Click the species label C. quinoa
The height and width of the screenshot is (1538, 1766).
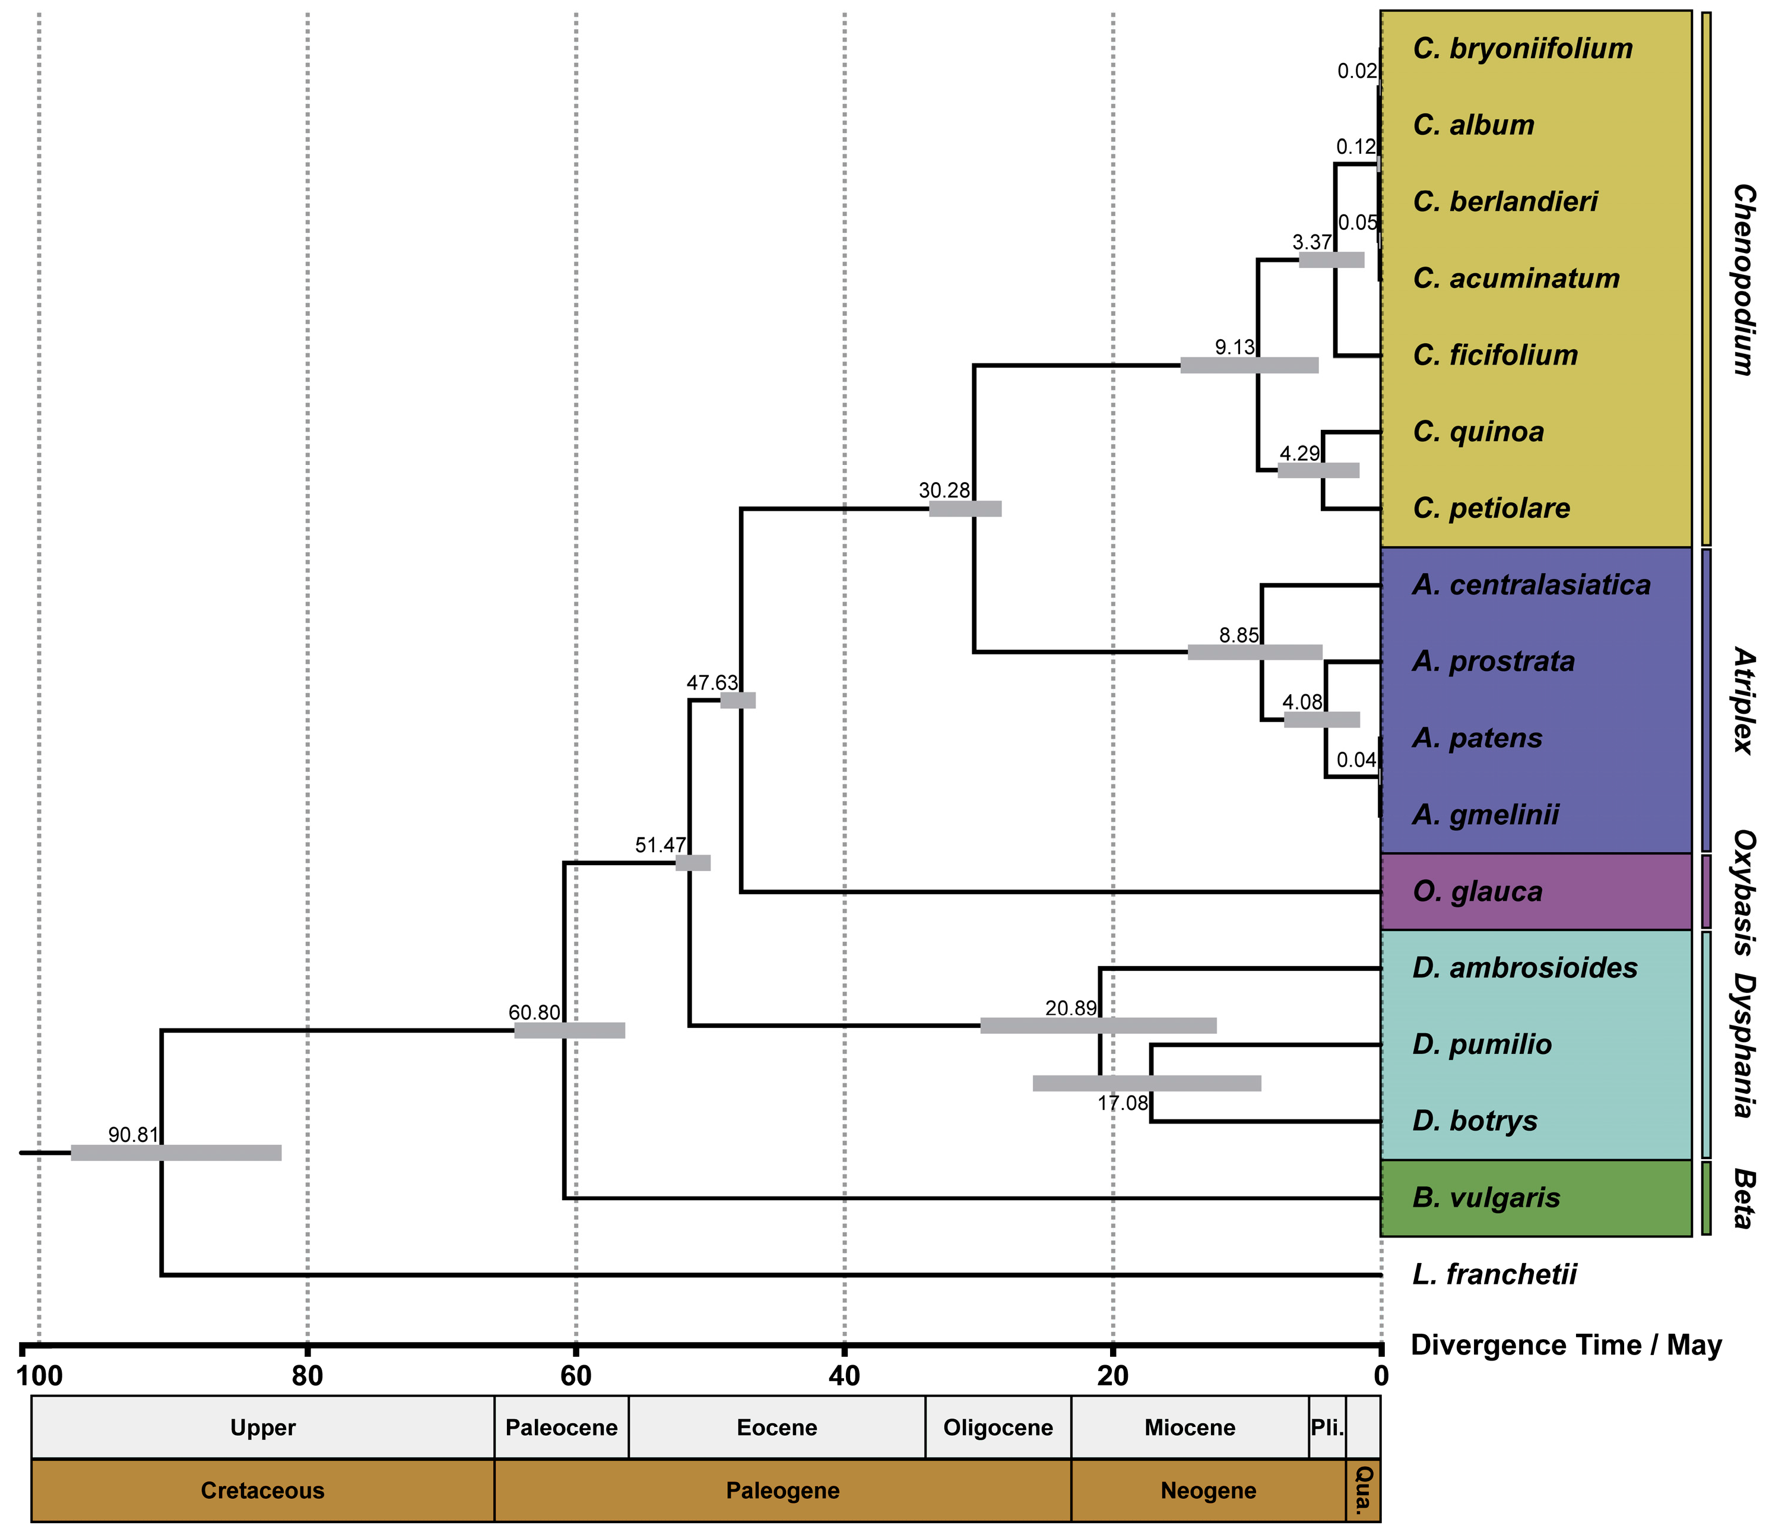(x=1478, y=432)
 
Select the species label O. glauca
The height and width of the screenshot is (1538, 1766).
(x=1477, y=892)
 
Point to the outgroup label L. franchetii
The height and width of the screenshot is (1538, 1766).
(x=1494, y=1274)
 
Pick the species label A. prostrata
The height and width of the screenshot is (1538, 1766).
(x=1493, y=662)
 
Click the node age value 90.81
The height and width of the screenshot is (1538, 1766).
(x=133, y=1135)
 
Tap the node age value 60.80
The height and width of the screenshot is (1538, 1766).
(x=534, y=1012)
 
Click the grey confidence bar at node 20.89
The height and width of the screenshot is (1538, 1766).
(x=1098, y=1026)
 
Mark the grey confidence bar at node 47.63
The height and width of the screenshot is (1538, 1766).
(x=737, y=700)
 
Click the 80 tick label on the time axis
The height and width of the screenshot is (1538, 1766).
(x=307, y=1376)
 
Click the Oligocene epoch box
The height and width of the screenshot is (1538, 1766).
(x=997, y=1428)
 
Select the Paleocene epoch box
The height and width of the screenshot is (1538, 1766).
(x=561, y=1428)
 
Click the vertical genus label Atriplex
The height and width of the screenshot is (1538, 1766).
(x=1743, y=700)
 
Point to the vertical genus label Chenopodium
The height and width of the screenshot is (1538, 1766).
(x=1743, y=279)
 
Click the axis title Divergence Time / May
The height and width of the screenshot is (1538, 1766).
(x=1566, y=1345)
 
